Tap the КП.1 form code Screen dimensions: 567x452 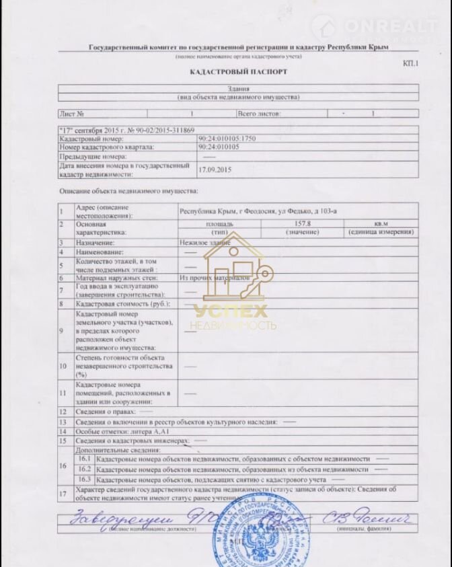pos(410,63)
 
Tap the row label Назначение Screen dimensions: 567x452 pos(95,241)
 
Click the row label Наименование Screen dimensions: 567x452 pos(100,250)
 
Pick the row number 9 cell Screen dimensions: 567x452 pos(63,330)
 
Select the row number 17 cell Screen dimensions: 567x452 pos(63,493)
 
